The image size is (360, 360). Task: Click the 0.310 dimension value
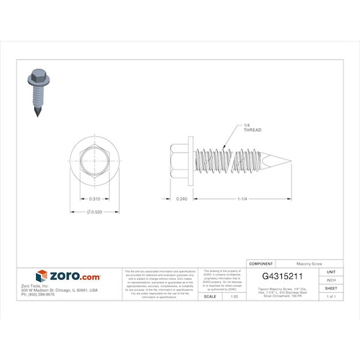click(95, 199)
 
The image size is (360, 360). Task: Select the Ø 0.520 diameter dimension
click(95, 212)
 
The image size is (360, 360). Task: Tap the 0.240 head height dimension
click(181, 199)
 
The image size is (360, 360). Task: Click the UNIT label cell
click(331, 272)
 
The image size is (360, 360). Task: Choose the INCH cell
click(331, 280)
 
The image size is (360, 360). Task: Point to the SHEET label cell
click(331, 288)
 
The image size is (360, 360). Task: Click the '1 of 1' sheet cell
click(331, 296)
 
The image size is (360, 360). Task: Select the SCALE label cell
click(209, 296)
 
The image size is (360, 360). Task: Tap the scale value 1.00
click(234, 296)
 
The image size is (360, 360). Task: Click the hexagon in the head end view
click(95, 160)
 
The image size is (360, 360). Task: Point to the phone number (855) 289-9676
click(38, 295)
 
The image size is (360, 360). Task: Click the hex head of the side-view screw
click(180, 160)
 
